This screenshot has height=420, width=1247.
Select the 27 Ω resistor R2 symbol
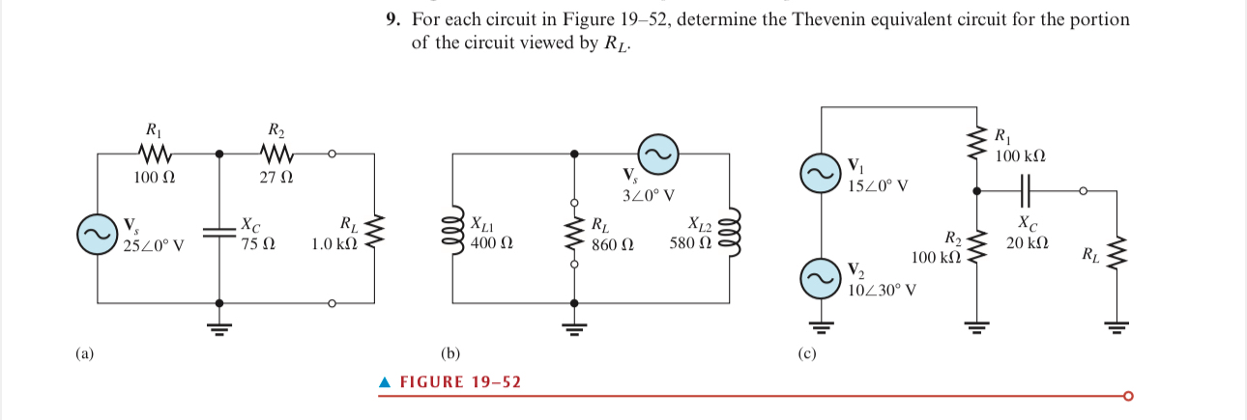point(275,154)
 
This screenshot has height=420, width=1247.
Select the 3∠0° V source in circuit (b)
point(657,154)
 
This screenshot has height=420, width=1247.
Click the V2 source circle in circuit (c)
point(820,278)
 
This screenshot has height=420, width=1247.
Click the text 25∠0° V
point(154,245)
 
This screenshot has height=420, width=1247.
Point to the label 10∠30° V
point(882,289)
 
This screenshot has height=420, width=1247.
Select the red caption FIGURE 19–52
point(459,382)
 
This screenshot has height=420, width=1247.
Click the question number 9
point(391,20)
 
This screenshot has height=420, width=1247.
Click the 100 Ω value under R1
point(155,178)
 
